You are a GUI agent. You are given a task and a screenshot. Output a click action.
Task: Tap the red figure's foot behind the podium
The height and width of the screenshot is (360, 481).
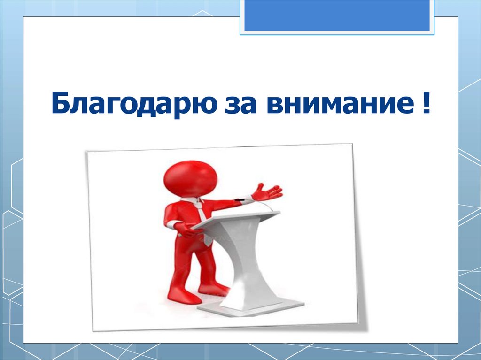214,287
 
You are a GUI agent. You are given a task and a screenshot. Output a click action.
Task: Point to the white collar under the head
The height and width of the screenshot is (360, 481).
193,200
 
